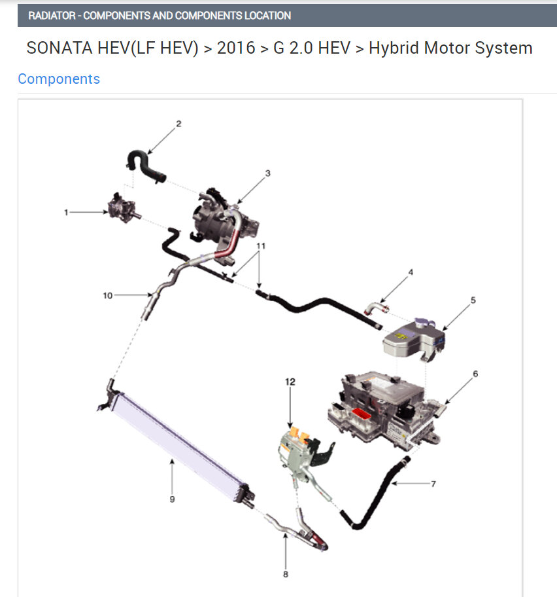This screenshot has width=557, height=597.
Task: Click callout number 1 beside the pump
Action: (x=66, y=213)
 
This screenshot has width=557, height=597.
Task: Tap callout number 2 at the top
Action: (x=178, y=124)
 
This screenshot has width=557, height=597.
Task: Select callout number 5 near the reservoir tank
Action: (x=473, y=300)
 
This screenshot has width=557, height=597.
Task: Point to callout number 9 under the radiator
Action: (x=172, y=499)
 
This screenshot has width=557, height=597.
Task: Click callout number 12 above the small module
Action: (x=290, y=382)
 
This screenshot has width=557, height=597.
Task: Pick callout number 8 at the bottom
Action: (x=286, y=574)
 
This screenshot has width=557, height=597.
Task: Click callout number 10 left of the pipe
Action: (x=108, y=295)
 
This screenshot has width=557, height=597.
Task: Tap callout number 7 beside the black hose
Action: (x=433, y=484)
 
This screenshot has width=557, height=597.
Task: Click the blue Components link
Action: (x=59, y=79)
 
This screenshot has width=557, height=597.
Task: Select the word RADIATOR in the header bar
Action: (x=52, y=16)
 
